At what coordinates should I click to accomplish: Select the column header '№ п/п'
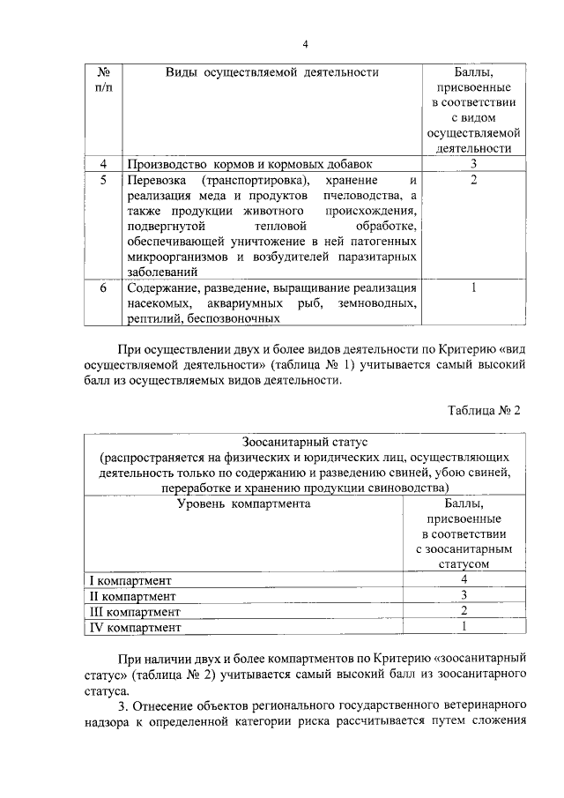[x=102, y=80]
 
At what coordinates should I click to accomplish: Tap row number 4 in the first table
[x=103, y=164]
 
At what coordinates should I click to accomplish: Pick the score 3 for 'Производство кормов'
[x=473, y=164]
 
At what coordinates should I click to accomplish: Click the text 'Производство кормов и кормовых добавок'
[x=249, y=164]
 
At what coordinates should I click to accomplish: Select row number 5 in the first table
[x=103, y=180]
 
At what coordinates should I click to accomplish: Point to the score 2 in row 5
[x=473, y=180]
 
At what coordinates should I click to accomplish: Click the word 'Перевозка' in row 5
[x=155, y=180]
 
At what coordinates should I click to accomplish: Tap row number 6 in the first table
[x=103, y=287]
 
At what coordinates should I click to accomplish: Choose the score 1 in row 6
[x=473, y=287]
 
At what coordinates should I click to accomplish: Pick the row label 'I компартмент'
[x=131, y=580]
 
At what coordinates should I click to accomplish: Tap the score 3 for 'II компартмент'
[x=463, y=596]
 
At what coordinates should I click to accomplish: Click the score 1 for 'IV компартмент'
[x=463, y=627]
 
